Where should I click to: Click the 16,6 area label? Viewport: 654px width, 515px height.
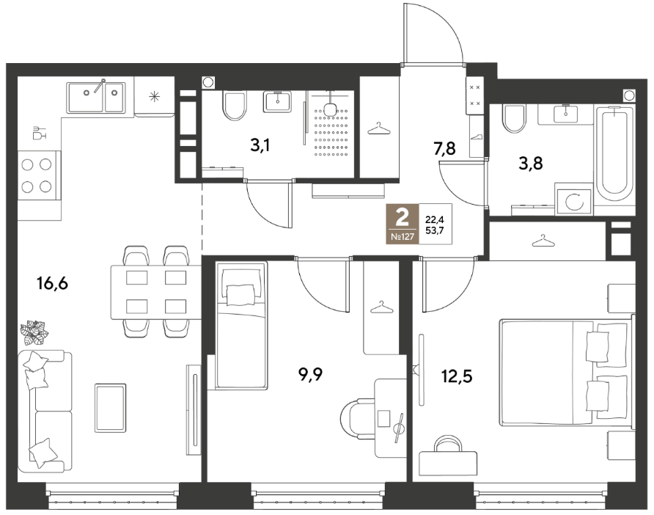coord(52,284)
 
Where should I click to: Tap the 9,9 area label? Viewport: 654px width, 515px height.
coord(311,375)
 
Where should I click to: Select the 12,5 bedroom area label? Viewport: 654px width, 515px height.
coord(457,376)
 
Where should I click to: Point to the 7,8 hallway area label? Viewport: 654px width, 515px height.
coord(444,149)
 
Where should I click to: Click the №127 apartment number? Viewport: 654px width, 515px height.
coord(403,237)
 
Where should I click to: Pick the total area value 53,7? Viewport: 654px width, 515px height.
coord(434,229)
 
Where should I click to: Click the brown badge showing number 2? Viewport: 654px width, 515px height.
coord(402,224)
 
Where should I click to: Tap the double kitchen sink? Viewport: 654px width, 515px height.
coord(95,97)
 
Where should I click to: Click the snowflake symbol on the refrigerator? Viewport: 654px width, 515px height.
coord(154,98)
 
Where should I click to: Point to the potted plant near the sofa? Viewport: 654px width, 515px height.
coord(35,332)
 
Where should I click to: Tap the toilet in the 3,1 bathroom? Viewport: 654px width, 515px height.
coord(234,106)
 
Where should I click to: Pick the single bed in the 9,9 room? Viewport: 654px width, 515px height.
coord(241,326)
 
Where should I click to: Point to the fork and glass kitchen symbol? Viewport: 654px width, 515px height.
coord(39,133)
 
